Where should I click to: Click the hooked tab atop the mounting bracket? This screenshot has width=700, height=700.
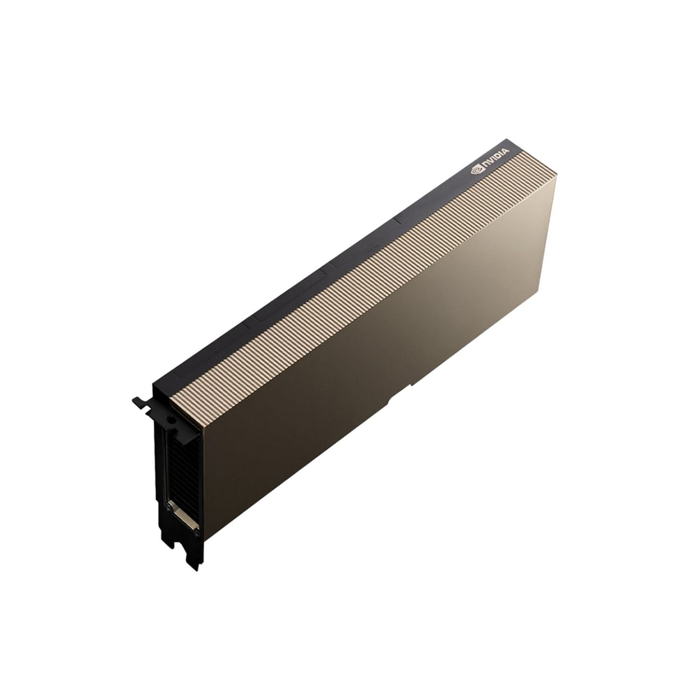[x=141, y=402]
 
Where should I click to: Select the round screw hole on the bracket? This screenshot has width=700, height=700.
[x=168, y=419]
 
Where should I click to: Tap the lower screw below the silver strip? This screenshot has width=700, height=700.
[x=196, y=533]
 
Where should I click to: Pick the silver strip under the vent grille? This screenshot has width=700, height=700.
[x=185, y=517]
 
